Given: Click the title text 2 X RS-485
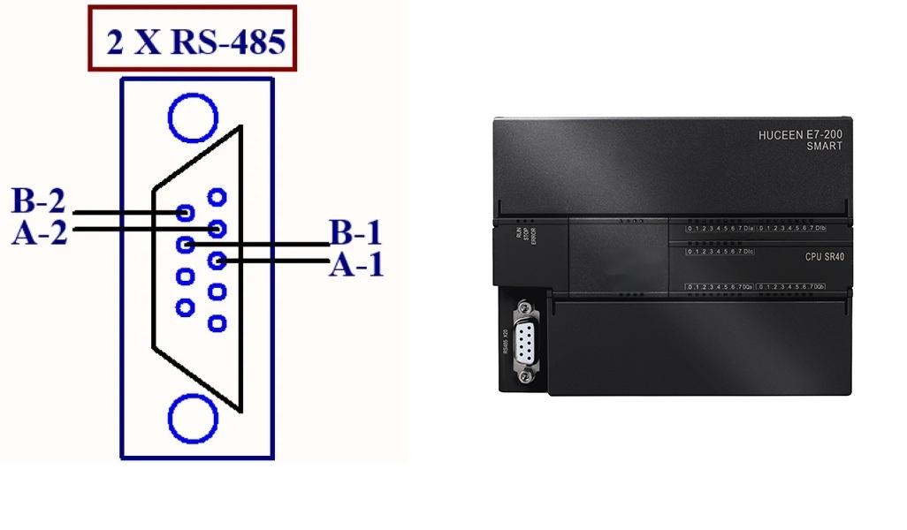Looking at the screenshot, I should coord(195,42).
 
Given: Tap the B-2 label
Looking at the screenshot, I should coord(39,201).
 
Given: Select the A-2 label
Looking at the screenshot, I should coord(39,233).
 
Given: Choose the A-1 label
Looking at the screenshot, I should coord(356,263).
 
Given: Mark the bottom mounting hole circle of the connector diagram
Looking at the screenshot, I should coord(192,419).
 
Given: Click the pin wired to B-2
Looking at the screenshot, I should coord(185,212).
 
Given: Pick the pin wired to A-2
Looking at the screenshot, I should coord(216,228).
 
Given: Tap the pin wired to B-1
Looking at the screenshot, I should coord(185,244).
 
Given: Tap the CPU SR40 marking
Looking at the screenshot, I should coord(826,256).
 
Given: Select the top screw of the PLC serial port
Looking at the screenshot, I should coord(527,309).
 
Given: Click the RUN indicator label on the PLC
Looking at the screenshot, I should coord(519,233).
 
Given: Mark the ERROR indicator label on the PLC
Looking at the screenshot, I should coord(534,237).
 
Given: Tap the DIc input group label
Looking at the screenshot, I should coord(748,252).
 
